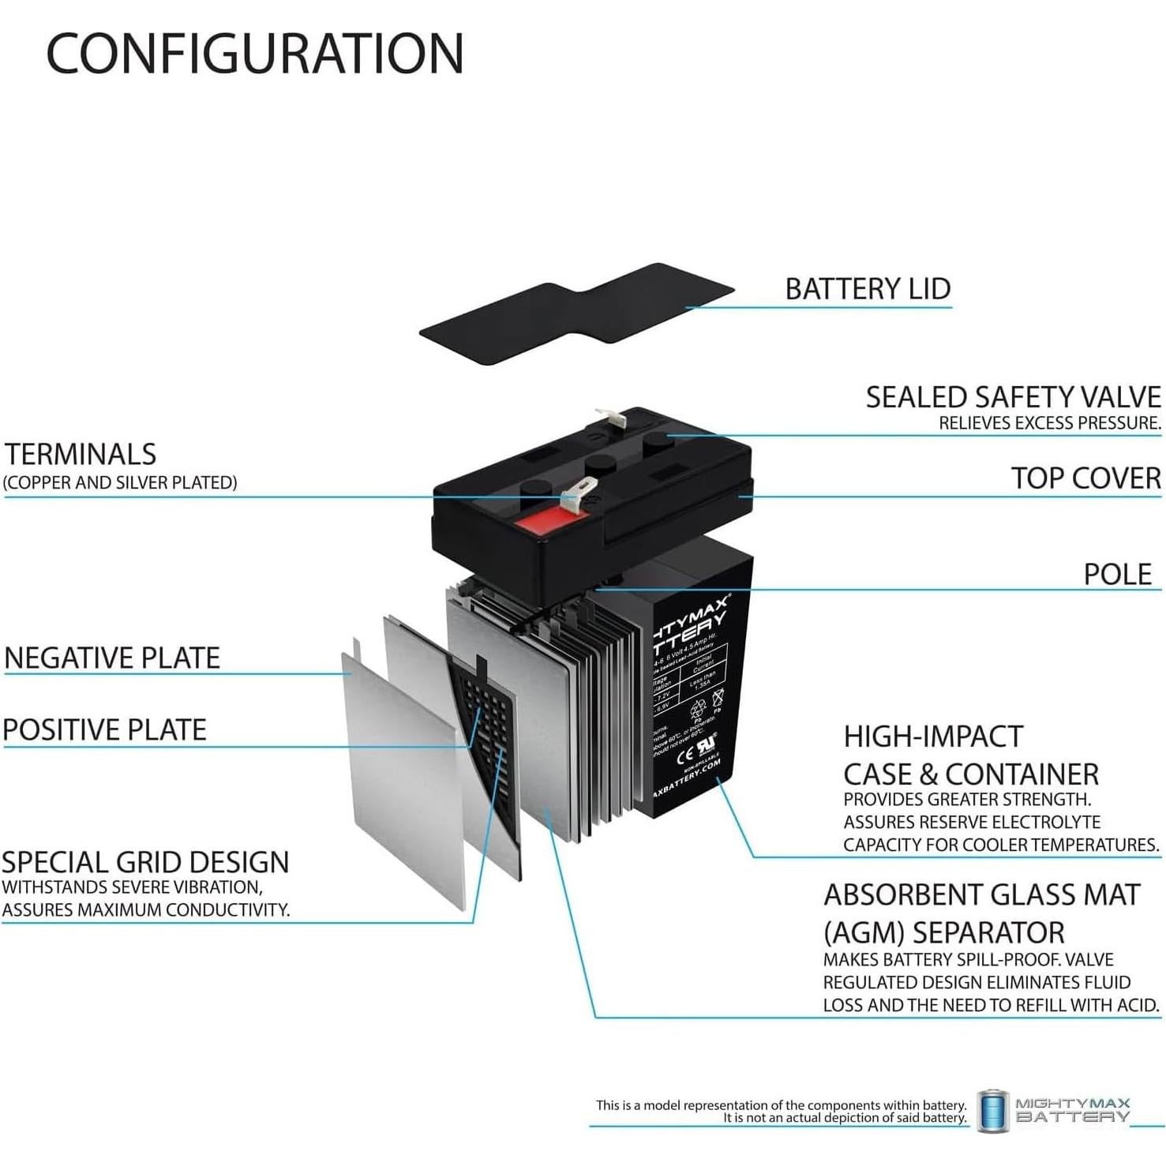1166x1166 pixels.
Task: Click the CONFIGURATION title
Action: coord(255,54)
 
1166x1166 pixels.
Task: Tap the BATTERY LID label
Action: coord(868,289)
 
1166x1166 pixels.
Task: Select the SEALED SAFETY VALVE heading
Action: coord(1013,397)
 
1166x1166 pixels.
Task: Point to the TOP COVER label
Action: coord(1085,478)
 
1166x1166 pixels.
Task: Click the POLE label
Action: coord(1117,574)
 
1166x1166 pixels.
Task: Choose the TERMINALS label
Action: coord(81,455)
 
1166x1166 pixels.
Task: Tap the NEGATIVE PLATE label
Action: coord(112,658)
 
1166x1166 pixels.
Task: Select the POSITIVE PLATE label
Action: coord(105,730)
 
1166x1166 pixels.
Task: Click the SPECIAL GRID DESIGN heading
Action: coord(145,862)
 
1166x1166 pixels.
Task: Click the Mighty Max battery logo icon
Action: coord(992,1111)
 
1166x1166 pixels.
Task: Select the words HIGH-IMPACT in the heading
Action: coord(933,737)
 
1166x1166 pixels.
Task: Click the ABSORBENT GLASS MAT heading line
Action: coord(981,895)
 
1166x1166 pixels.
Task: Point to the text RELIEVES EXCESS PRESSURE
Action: coord(1049,424)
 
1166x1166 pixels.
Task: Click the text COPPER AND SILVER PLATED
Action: coord(120,482)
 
